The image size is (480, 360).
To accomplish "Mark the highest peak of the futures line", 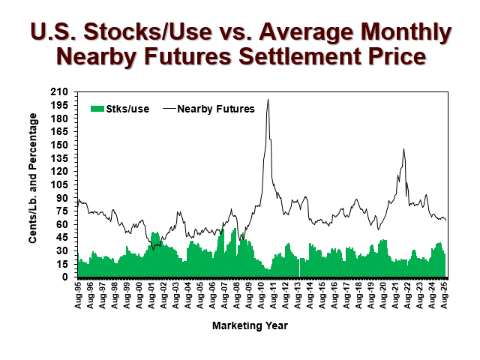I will pyautogui.click(x=268, y=100).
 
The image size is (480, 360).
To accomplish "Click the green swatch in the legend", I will pyautogui.click(x=96, y=109).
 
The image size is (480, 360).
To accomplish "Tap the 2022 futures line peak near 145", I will pyautogui.click(x=403, y=149).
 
